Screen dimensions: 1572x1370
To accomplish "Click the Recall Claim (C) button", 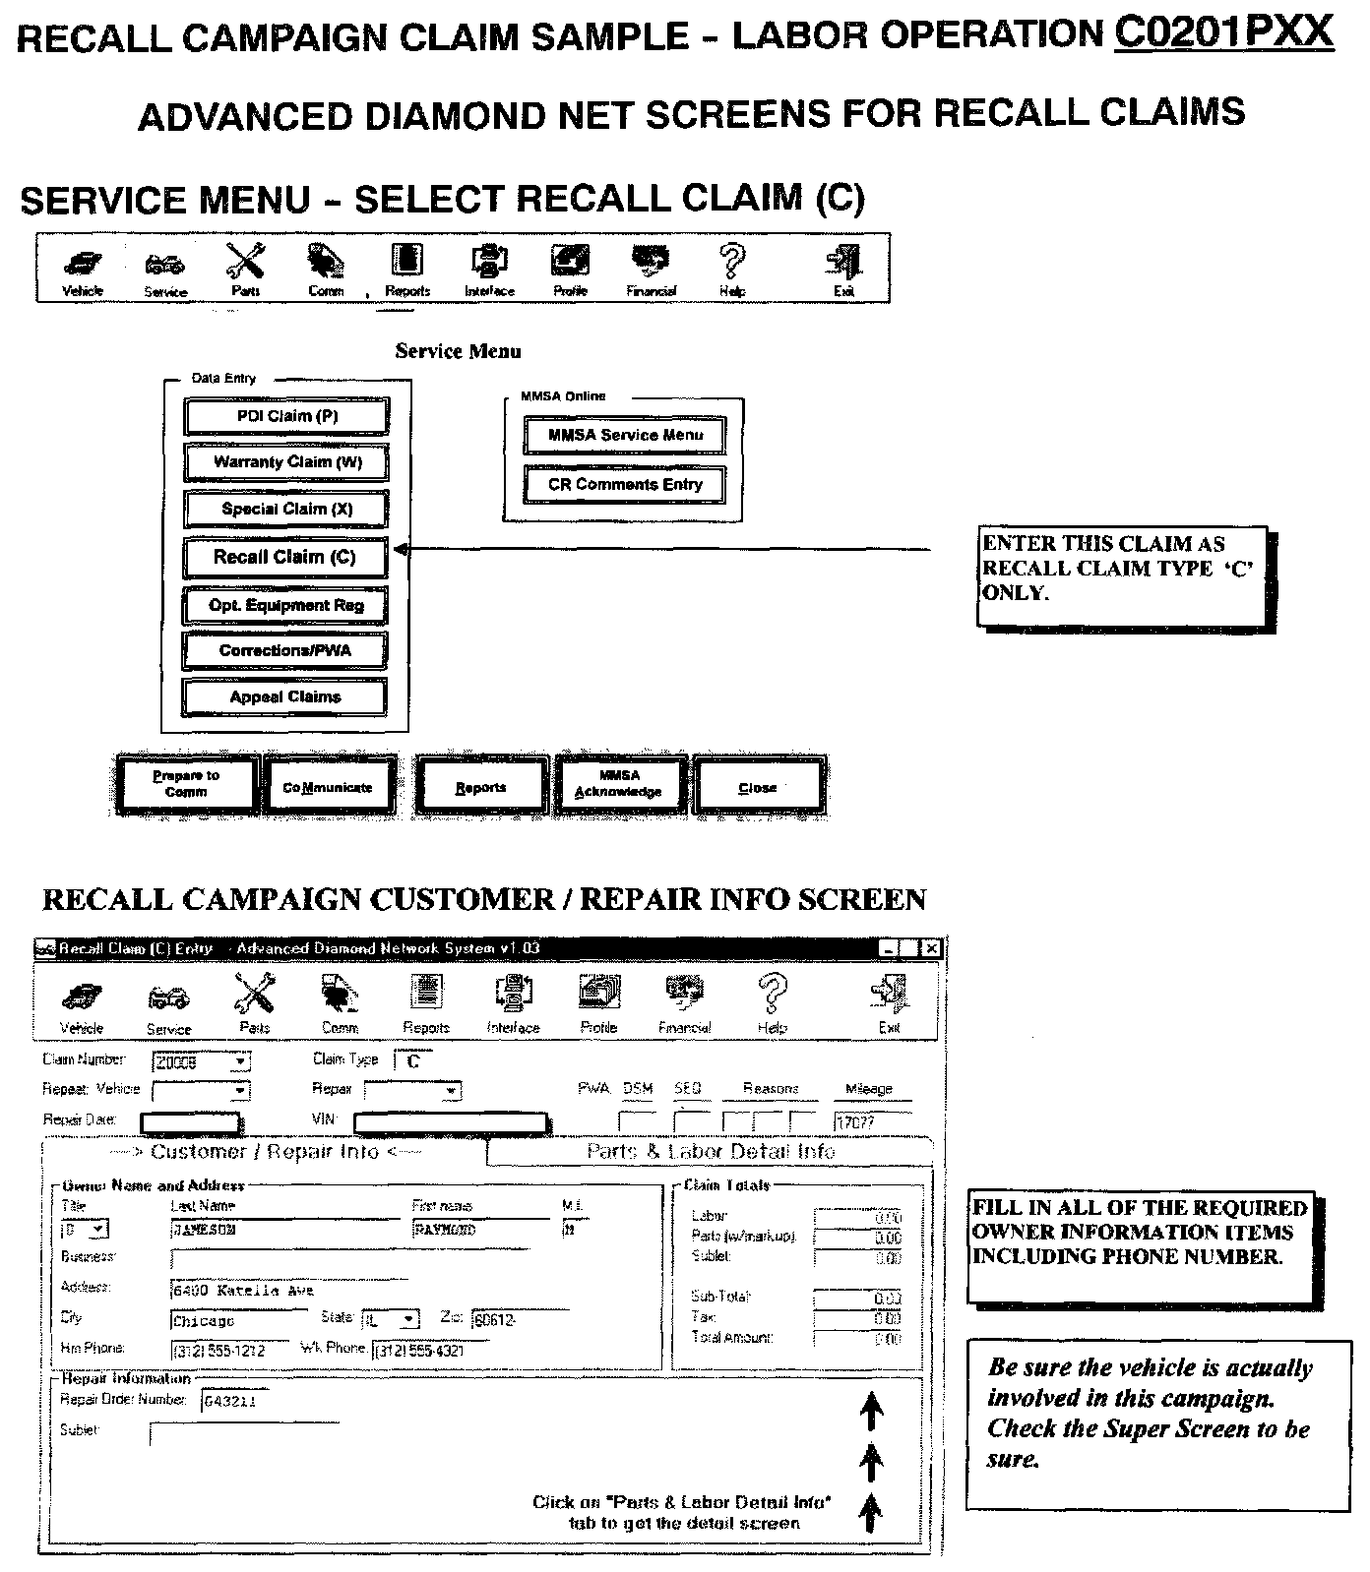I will pyautogui.click(x=284, y=557).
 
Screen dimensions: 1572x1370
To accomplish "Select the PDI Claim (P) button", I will pyautogui.click(x=285, y=416).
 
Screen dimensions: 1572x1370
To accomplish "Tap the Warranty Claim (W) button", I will pyautogui.click(x=285, y=462).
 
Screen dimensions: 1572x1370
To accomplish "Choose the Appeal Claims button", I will pyautogui.click(x=284, y=697).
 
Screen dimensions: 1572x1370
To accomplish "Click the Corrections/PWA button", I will pyautogui.click(x=284, y=650).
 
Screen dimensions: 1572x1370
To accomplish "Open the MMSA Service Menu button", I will pyautogui.click(x=625, y=435).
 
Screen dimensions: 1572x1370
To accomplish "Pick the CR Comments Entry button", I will pyautogui.click(x=625, y=485).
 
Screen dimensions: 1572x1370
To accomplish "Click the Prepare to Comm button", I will pyautogui.click(x=186, y=784).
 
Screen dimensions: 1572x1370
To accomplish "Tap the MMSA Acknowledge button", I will pyautogui.click(x=618, y=784).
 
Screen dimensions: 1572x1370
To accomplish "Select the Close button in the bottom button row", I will pyautogui.click(x=757, y=787).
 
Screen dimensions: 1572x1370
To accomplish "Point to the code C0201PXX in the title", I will pyautogui.click(x=1223, y=34).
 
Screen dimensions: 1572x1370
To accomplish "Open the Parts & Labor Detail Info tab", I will pyautogui.click(x=710, y=1152).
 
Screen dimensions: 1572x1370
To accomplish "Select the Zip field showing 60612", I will pyautogui.click(x=519, y=1320).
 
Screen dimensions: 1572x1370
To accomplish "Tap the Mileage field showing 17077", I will pyautogui.click(x=872, y=1121).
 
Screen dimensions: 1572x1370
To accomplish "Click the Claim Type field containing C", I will pyautogui.click(x=414, y=1061).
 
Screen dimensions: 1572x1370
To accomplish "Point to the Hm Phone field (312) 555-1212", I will pyautogui.click(x=229, y=1351).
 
